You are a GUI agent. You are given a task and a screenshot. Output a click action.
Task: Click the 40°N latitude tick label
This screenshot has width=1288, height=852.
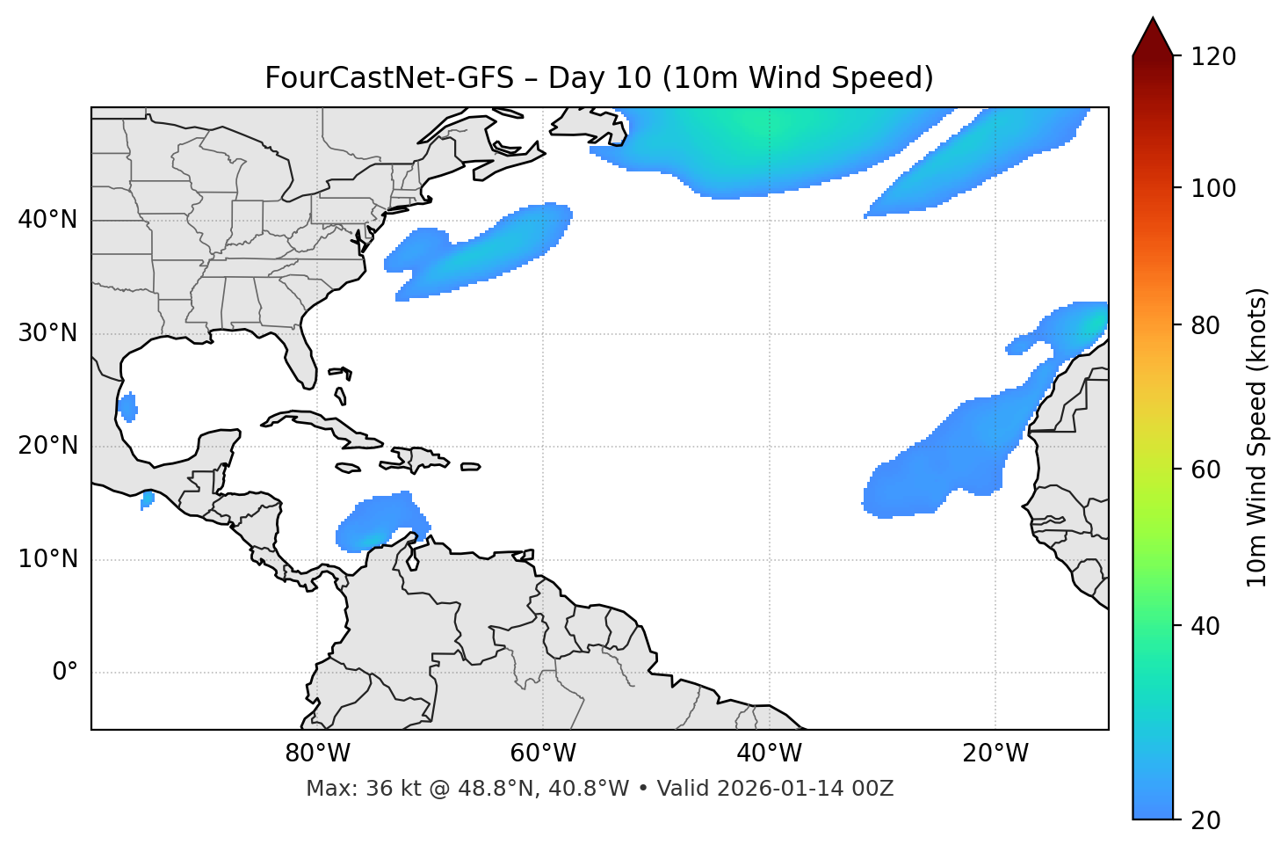[x=47, y=220]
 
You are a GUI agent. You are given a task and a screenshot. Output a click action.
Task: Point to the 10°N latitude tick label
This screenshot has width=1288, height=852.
[x=47, y=559]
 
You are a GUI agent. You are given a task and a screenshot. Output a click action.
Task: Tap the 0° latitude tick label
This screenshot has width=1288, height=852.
[x=65, y=673]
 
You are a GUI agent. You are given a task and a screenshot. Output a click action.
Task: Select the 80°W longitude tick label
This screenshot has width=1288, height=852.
[x=317, y=754]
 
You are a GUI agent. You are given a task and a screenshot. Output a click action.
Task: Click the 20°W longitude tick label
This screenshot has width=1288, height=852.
[x=995, y=754]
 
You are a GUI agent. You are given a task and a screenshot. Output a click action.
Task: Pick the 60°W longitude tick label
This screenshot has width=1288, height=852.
[x=543, y=754]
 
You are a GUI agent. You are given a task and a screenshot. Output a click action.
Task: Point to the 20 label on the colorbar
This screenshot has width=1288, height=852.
[x=1205, y=820]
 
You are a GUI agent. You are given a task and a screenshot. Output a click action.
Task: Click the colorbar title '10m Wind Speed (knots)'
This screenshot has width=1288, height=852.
[x=1257, y=437]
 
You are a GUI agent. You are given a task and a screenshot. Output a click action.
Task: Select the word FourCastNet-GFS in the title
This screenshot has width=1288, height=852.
[x=389, y=78]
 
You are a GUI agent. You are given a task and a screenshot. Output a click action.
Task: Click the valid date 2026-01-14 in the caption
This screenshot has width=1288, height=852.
[x=787, y=789]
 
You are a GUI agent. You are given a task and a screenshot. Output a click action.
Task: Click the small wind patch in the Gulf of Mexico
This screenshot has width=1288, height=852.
[x=128, y=407]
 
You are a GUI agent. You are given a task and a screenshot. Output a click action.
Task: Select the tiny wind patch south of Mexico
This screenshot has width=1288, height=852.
[x=148, y=499]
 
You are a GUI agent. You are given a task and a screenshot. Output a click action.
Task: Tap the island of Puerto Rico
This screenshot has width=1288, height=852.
[x=470, y=467]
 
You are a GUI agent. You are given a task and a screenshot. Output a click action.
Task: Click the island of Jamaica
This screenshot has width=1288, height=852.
[x=348, y=468]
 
